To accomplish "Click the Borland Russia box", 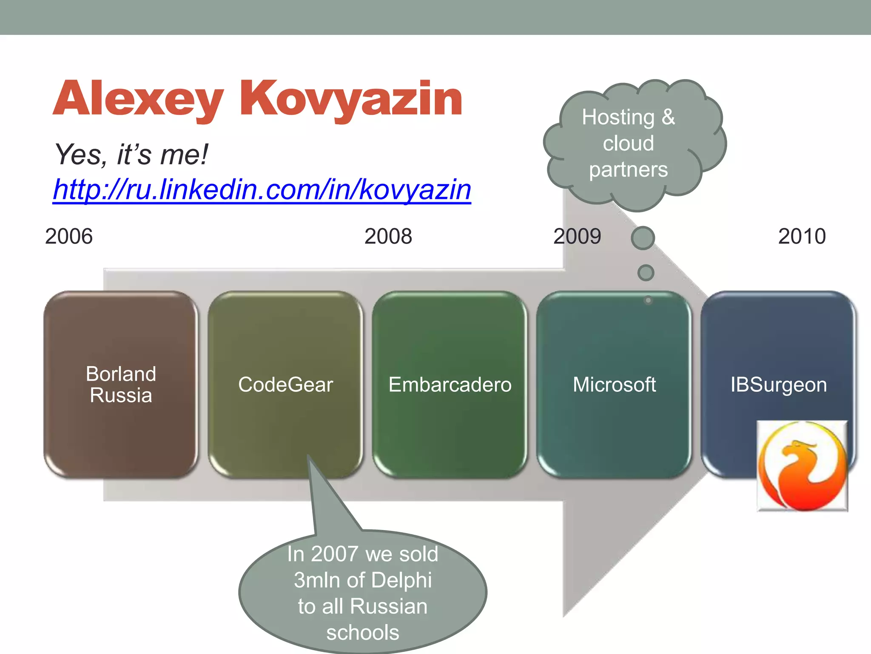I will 121,384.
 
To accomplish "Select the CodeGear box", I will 285,384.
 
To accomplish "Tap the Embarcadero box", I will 450,384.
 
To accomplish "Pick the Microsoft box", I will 614,384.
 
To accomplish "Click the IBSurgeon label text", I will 778,385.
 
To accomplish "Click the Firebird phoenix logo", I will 802,466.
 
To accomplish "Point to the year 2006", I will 69,236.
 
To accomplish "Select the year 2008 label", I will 388,236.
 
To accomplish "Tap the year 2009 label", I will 577,236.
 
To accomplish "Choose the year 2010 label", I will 802,236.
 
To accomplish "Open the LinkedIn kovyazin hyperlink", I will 262,189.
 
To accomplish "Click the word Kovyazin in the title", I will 351,99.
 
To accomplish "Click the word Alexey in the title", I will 138,99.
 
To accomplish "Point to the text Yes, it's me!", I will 131,154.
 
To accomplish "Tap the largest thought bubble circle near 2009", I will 643,238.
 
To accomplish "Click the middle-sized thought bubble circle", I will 646,272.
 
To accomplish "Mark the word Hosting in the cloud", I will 618,117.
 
